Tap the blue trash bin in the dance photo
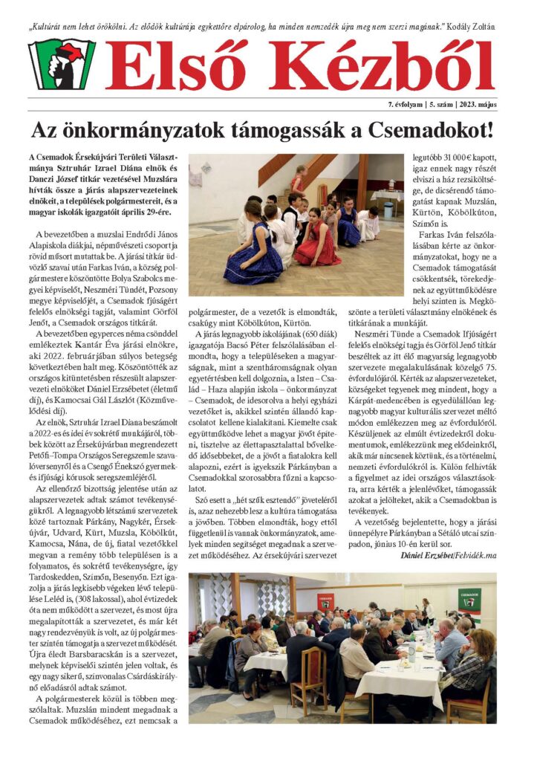pos(388,210)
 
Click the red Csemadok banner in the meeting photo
pos(325,601)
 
